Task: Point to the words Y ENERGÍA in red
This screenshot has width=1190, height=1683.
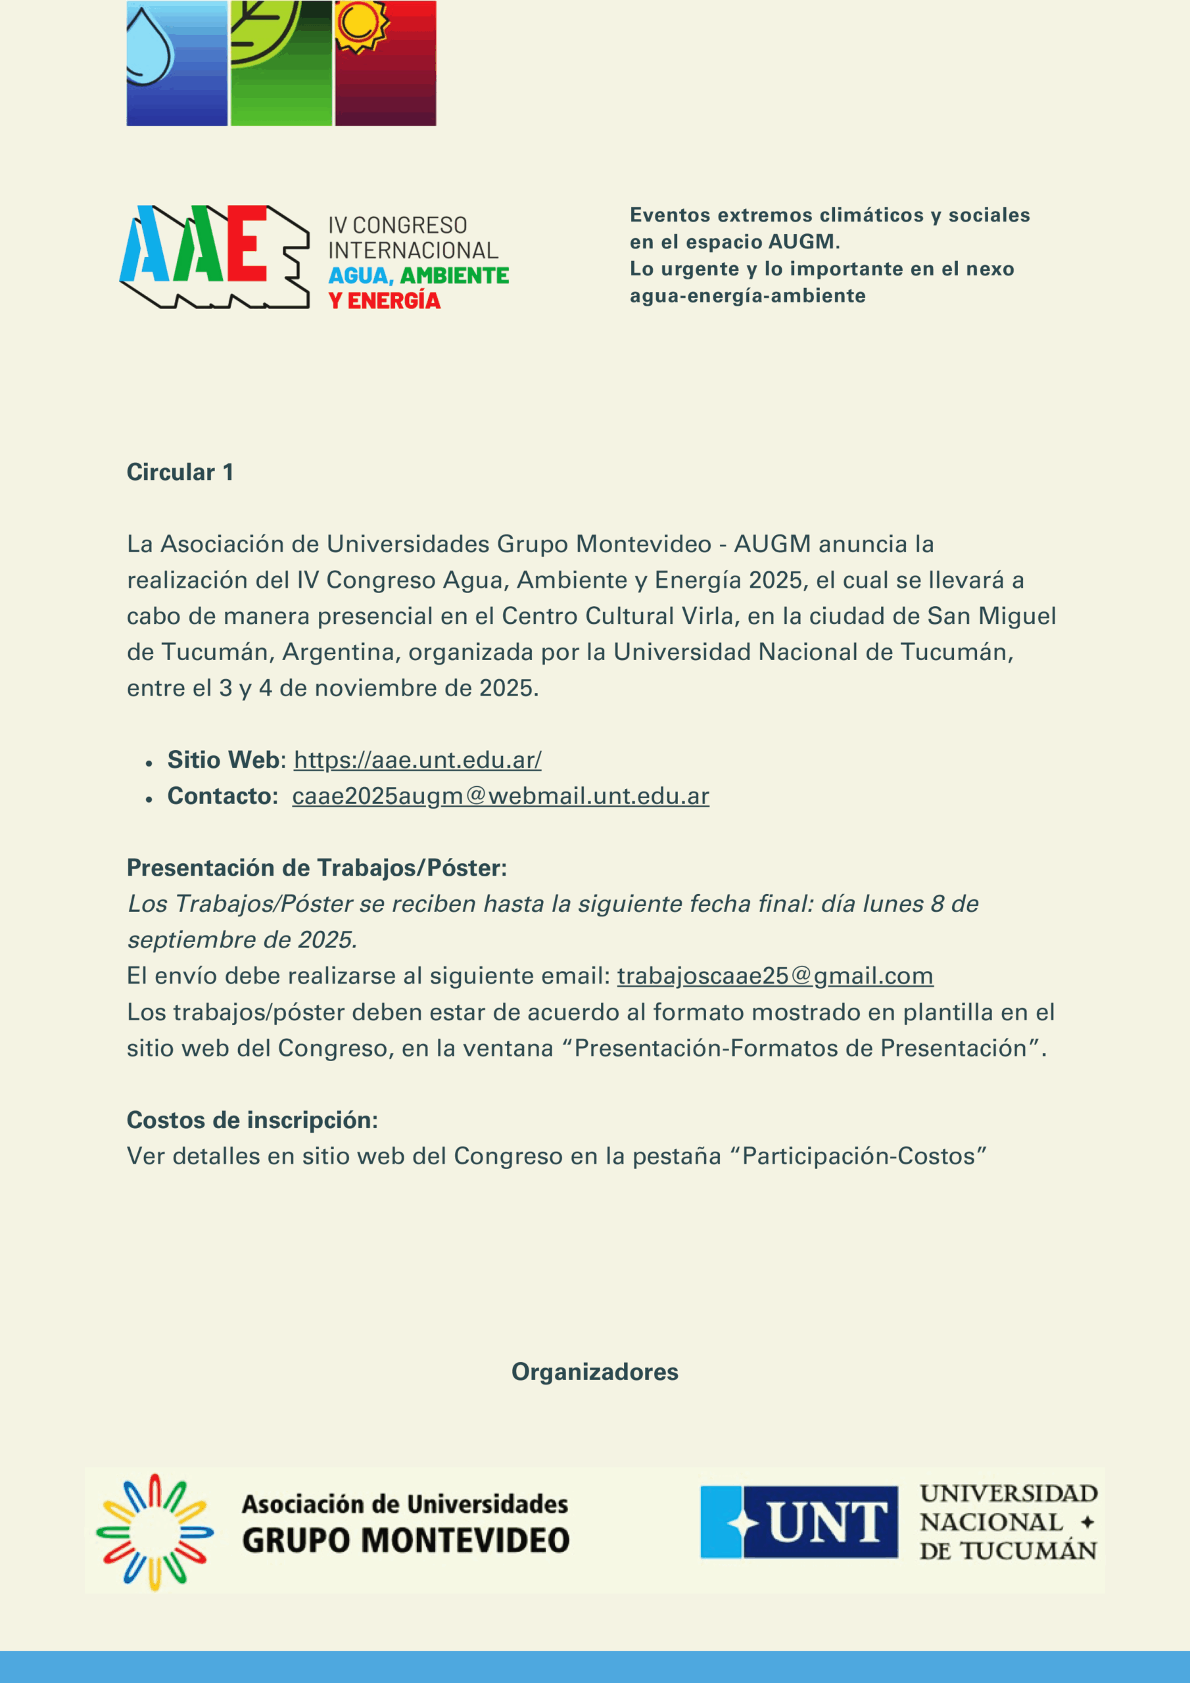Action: click(384, 300)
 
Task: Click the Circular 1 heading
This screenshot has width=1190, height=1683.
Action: click(180, 473)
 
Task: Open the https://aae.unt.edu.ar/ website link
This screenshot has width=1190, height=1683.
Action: click(417, 760)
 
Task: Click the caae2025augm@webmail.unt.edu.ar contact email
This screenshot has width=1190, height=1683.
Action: click(500, 796)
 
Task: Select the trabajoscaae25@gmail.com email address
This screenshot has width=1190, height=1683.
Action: click(775, 976)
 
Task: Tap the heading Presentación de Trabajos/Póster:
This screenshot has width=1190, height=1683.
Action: click(317, 868)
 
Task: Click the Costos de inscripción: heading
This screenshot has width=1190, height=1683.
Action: click(252, 1120)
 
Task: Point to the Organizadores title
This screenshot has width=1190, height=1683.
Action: click(594, 1372)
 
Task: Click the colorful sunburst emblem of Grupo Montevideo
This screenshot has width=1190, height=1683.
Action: click(155, 1532)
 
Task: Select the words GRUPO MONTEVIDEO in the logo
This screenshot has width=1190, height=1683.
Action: click(406, 1541)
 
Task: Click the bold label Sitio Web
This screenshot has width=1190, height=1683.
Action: click(223, 760)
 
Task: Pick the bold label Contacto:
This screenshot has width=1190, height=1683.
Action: click(222, 796)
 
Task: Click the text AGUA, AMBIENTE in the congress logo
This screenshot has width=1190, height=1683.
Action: click(418, 275)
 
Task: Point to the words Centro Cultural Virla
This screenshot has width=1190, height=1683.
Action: click(617, 617)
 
